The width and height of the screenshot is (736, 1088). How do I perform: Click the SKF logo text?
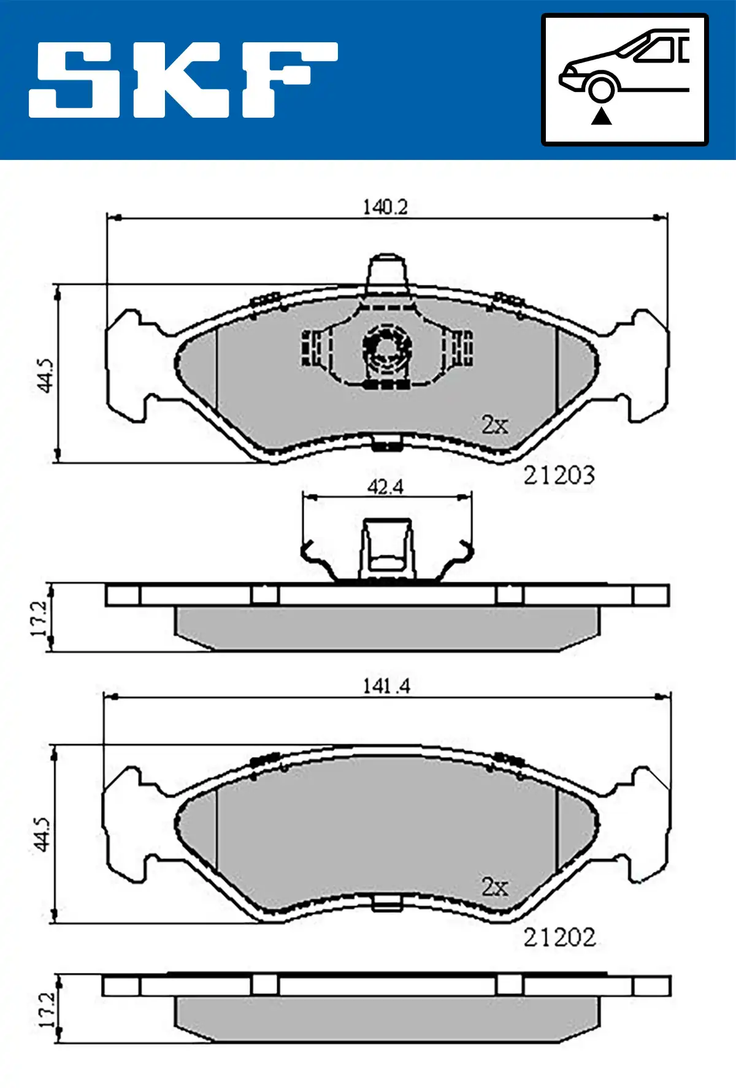coord(183,80)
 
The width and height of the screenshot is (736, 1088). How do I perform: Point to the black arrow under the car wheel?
coord(601,115)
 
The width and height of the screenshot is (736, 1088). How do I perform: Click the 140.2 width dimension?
coord(385,207)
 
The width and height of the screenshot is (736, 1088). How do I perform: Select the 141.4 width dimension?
coord(386,686)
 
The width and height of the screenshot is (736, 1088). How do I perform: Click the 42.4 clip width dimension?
coord(385,487)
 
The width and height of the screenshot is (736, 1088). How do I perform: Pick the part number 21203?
coord(559,475)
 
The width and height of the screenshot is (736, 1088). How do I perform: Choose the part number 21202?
coord(559,937)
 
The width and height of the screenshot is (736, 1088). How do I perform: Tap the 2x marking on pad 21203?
coord(494,424)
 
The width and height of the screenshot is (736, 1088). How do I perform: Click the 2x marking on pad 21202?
coord(494,886)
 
